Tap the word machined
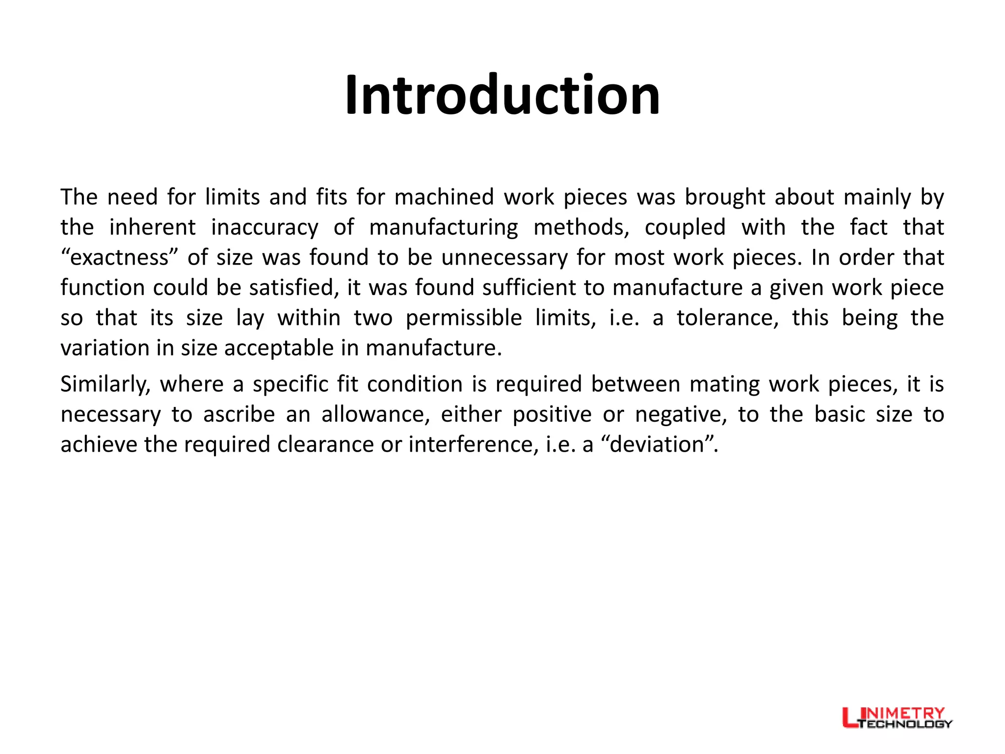click(x=444, y=197)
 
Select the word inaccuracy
click(x=264, y=228)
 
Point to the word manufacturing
click(x=444, y=228)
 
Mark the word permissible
click(x=464, y=318)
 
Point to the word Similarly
click(x=105, y=384)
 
